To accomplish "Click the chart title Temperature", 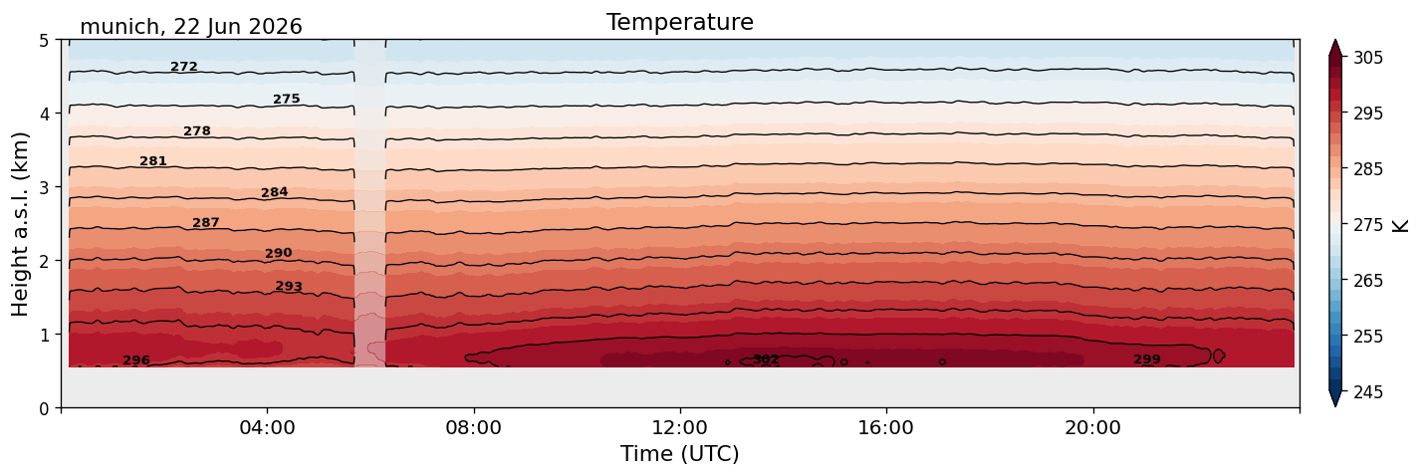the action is (680, 22).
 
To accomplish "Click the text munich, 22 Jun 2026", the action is (190, 27).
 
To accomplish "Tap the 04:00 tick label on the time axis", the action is (268, 427).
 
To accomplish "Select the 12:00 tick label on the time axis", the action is (680, 427).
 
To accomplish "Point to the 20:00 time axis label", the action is (1092, 427).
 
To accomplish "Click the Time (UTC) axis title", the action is (680, 454).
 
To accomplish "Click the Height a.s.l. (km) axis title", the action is (20, 224).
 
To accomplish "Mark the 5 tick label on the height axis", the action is (44, 41).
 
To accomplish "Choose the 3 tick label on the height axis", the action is (44, 187).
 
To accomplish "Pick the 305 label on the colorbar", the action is (1367, 58).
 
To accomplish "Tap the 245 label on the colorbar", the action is (1367, 392).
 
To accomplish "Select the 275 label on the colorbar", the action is (1367, 225).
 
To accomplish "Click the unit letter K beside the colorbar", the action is (1399, 225).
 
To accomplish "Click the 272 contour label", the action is (184, 67).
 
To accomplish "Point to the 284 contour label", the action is (275, 192).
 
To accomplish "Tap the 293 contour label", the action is (289, 286).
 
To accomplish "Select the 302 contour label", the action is (766, 359).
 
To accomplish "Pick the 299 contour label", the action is (1147, 359).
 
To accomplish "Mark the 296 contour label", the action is (136, 360).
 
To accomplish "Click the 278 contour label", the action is (197, 130).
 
